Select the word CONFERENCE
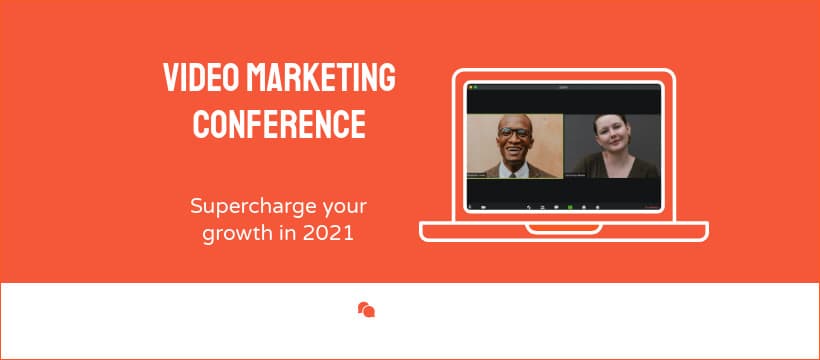pyautogui.click(x=279, y=124)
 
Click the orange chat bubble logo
pyautogui.click(x=366, y=310)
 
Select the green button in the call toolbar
pyautogui.click(x=570, y=206)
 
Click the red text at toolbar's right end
pyautogui.click(x=652, y=207)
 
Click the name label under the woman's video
pyautogui.click(x=583, y=175)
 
